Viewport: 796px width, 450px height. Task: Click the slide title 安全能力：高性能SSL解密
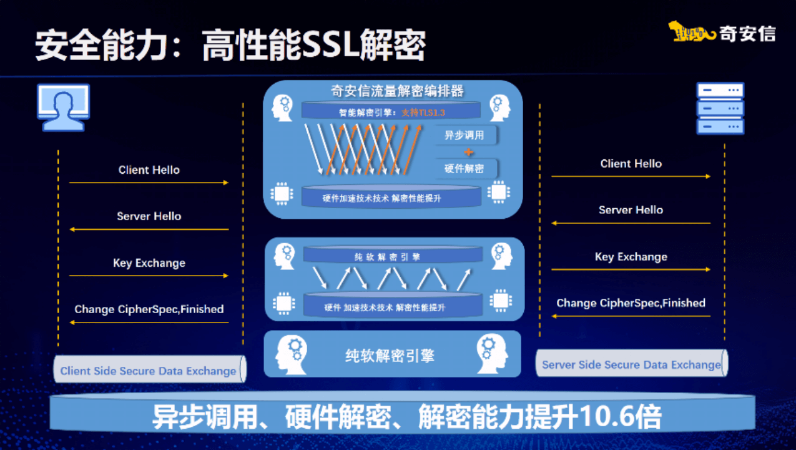(x=230, y=45)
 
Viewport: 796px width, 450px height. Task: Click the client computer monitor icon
(x=64, y=107)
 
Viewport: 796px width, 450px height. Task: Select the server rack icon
(x=720, y=109)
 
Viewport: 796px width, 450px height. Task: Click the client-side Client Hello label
(x=149, y=170)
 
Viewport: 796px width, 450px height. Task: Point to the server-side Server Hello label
(x=631, y=210)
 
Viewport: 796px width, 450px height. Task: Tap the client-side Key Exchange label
(x=149, y=263)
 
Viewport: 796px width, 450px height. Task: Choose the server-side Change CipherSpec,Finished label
(x=631, y=303)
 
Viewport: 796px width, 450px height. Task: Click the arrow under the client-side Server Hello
(x=149, y=229)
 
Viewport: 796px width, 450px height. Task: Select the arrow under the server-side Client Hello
(x=631, y=176)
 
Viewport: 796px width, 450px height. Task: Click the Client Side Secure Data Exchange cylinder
(x=149, y=371)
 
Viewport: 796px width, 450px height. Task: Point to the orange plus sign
(x=468, y=152)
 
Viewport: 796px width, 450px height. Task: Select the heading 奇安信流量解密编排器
(x=397, y=91)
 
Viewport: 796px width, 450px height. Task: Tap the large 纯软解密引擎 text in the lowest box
(x=390, y=356)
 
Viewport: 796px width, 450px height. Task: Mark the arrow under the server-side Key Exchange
(x=631, y=269)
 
